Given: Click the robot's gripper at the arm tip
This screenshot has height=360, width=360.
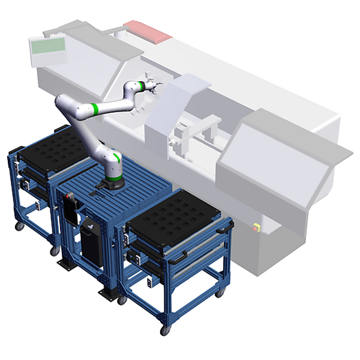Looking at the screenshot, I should coord(151,86).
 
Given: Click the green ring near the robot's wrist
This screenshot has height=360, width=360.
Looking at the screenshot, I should coord(139,85).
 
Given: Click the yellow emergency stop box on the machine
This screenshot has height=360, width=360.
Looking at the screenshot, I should coord(257,227).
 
